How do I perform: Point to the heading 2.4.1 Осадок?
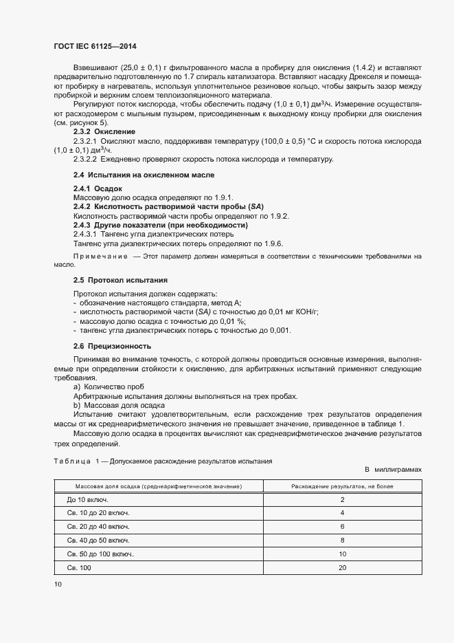pos(98,188)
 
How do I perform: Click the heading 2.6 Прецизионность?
pos(112,346)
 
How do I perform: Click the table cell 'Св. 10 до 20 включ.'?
pos(98,513)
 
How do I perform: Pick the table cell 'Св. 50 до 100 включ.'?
pos(100,554)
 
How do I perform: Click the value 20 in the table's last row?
pos(342,567)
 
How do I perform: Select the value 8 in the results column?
pos(342,541)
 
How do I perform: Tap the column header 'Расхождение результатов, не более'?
pos(342,486)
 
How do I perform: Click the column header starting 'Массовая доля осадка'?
pos(158,486)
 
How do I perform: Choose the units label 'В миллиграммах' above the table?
pos(393,469)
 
